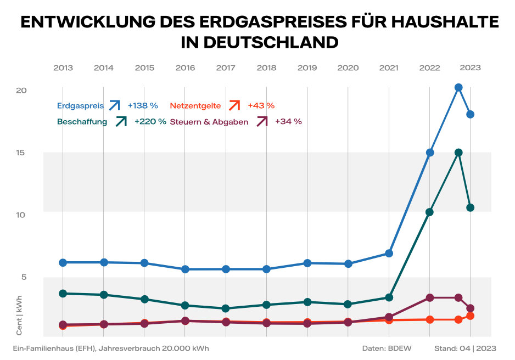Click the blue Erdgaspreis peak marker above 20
[458, 87]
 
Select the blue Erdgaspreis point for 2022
[430, 153]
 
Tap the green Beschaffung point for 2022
[429, 212]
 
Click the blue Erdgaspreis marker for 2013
[63, 263]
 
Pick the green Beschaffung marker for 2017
[226, 308]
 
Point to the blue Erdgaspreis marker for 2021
[389, 254]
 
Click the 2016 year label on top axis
[185, 68]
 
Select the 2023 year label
[470, 68]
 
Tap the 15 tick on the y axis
[21, 153]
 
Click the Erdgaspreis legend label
[80, 105]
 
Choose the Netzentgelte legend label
[196, 105]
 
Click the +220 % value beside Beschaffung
[150, 122]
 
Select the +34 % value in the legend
[288, 122]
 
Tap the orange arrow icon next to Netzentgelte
[234, 105]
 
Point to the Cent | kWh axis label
[19, 321]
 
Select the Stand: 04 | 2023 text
[465, 348]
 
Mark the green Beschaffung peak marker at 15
[458, 153]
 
